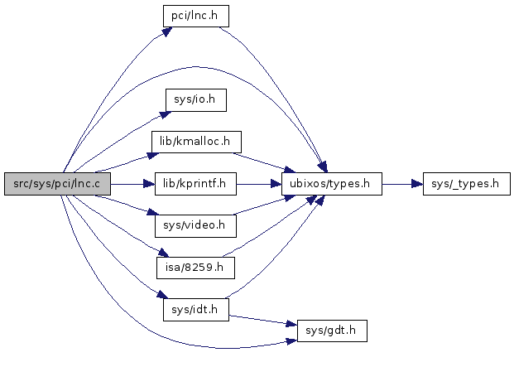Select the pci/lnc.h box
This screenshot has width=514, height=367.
click(195, 16)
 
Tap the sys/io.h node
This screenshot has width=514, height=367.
click(195, 100)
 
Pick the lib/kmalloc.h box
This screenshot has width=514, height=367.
click(195, 142)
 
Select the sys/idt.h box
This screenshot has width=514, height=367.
click(195, 309)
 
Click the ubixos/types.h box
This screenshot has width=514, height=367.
click(331, 184)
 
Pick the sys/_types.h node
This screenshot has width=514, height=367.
click(466, 184)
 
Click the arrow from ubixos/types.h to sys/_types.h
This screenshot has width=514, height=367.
click(401, 184)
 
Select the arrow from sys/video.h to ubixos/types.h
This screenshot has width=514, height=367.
click(261, 211)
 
